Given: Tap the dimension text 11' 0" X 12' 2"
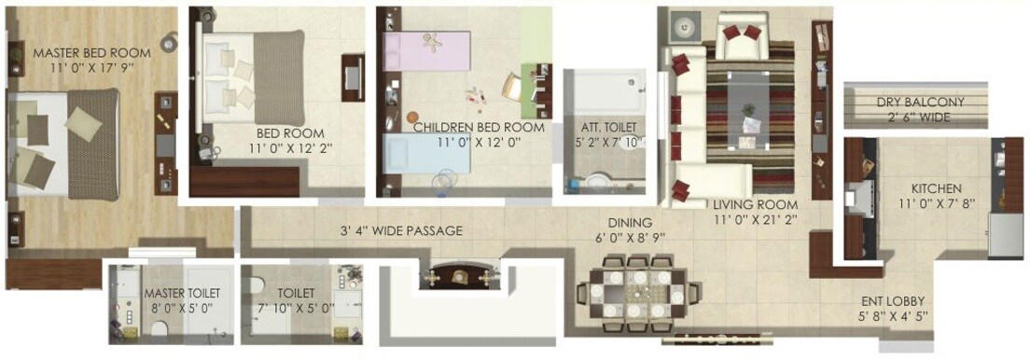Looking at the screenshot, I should point(290,147).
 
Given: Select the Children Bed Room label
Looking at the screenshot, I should point(479,127).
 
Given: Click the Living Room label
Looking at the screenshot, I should point(755,205).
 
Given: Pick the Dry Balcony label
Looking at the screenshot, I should point(920,103).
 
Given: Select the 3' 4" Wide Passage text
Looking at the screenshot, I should point(401,231).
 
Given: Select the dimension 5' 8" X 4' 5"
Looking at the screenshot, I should point(892,317).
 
